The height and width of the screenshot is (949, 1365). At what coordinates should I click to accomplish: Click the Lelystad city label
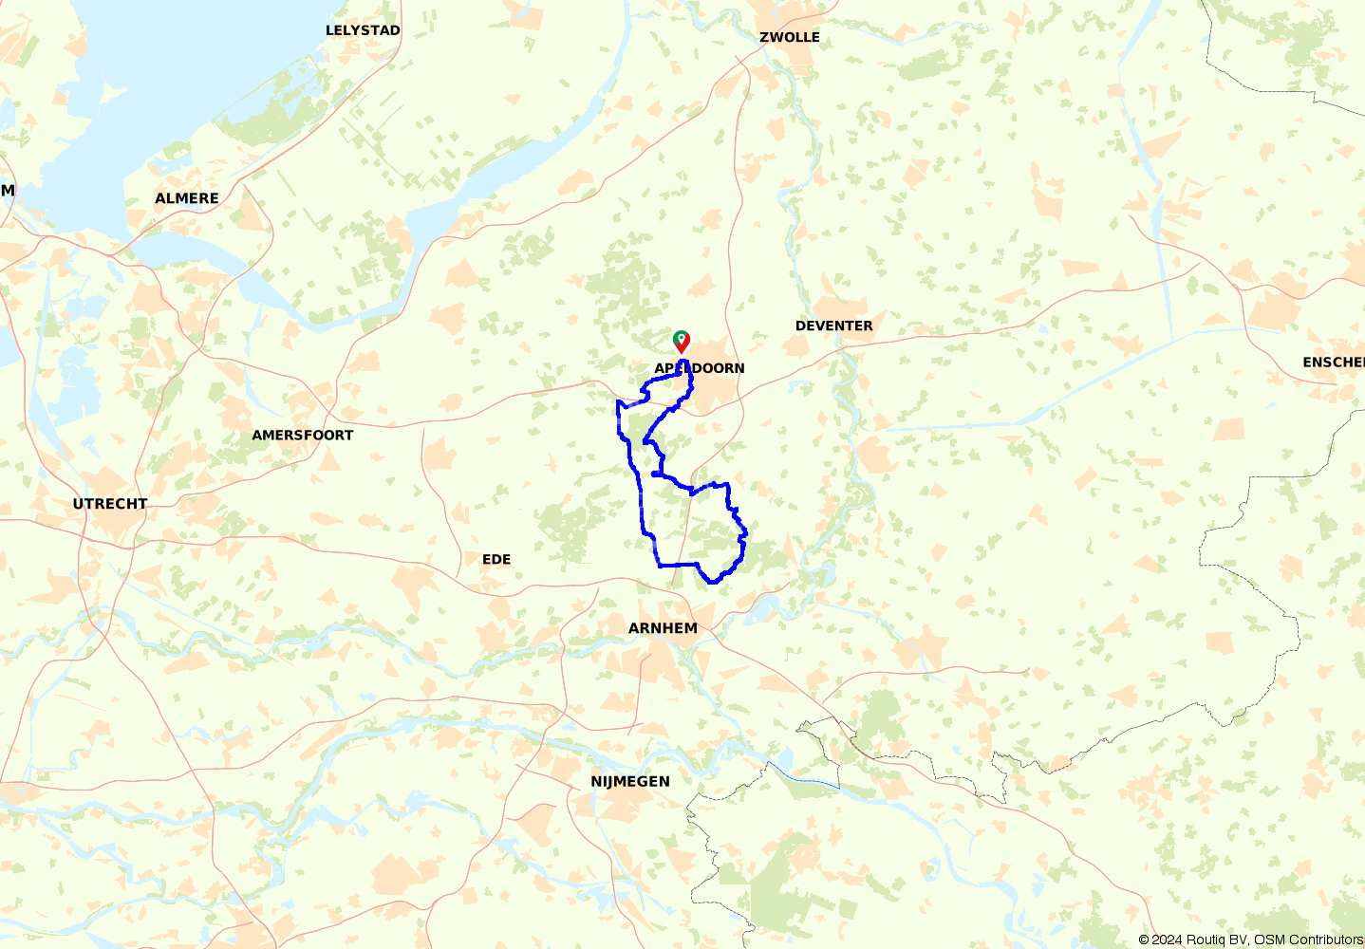point(363,30)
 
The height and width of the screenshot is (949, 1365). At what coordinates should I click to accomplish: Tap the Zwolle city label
point(789,37)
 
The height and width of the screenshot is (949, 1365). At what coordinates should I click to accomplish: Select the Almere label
point(187,198)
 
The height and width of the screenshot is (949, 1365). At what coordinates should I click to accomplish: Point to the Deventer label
point(833,326)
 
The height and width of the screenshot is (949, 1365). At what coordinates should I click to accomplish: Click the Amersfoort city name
point(302,436)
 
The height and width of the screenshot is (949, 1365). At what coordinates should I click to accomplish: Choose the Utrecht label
point(110,504)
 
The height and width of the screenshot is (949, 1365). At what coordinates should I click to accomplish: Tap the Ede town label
point(496,560)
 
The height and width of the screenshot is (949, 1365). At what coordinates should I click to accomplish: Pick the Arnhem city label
point(663,628)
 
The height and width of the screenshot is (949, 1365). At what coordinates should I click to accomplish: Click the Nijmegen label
point(630,782)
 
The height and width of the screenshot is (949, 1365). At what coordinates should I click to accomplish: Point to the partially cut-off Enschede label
point(1334,363)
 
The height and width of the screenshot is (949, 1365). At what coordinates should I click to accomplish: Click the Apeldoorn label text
point(700,368)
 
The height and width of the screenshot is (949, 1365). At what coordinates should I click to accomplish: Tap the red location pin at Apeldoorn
point(682,344)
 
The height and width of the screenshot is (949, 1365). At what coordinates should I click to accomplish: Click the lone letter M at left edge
point(8,191)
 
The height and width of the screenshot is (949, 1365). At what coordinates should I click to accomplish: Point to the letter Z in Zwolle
point(764,37)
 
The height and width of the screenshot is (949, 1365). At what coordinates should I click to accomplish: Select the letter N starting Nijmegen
point(596,782)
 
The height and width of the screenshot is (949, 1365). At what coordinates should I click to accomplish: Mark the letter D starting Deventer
point(800,326)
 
